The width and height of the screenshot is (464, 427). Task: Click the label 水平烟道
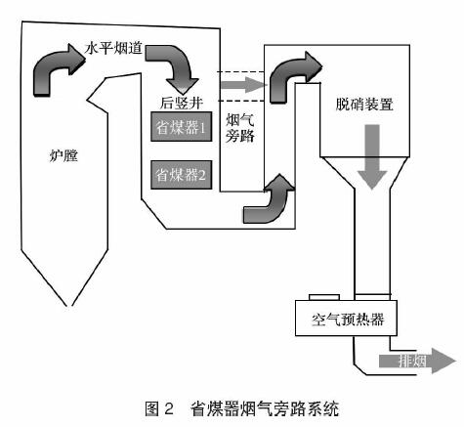(x=113, y=48)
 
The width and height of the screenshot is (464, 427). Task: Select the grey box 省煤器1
(x=182, y=127)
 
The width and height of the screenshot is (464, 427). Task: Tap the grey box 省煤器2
(x=182, y=175)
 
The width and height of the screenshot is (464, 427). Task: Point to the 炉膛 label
(x=63, y=156)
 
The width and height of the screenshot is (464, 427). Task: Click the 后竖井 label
(x=182, y=103)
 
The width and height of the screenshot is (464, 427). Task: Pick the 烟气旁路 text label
(x=240, y=128)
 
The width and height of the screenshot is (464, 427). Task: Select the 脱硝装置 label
(x=364, y=105)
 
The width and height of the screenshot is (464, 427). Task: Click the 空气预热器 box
(x=346, y=318)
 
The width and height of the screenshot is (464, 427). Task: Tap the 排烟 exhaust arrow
(x=417, y=361)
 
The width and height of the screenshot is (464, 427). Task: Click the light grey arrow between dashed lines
(x=243, y=85)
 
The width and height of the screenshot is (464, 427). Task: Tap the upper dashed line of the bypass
(x=240, y=71)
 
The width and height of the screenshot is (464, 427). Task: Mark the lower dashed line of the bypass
(x=240, y=101)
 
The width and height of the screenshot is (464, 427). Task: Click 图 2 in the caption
(x=159, y=408)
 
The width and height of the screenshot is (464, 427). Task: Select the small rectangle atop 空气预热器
(x=324, y=297)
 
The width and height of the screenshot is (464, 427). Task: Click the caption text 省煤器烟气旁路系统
(x=264, y=408)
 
